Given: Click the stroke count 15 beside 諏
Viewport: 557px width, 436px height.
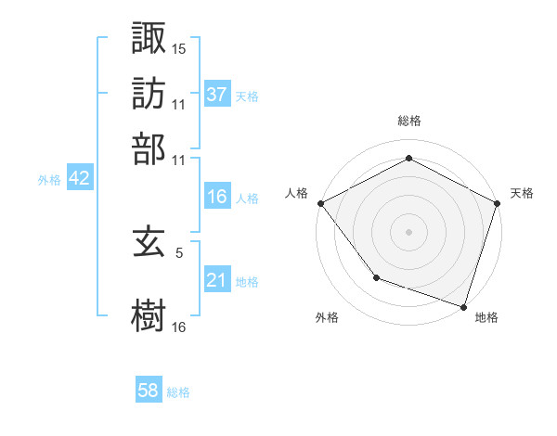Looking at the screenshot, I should pos(179,47).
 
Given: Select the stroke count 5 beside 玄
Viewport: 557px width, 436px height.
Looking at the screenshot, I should pos(179,251).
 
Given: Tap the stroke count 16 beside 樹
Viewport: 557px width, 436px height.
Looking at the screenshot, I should pos(179,327).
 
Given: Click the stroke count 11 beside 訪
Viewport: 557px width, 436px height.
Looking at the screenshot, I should pos(179,104).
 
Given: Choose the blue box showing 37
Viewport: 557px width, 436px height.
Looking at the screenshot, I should pos(217,94).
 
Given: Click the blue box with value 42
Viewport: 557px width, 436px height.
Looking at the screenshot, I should pos(79,179).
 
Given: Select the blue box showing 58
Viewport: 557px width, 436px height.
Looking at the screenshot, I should pos(149,391).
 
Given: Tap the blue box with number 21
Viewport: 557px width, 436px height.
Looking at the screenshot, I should pos(217,280).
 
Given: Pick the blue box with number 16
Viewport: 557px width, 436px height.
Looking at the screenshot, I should pos(217,197).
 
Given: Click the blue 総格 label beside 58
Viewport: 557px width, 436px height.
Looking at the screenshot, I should pos(178,392).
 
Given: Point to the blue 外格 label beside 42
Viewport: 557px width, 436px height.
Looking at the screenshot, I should pos(49,180).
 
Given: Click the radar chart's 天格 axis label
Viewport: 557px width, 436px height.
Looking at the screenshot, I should pos(522,193).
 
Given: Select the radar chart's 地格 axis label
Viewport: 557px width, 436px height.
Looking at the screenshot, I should pos(486,317).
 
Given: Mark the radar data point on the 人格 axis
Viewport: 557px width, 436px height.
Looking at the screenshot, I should pos(320,202).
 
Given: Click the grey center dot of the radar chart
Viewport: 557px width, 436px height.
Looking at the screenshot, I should pos(408,231).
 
